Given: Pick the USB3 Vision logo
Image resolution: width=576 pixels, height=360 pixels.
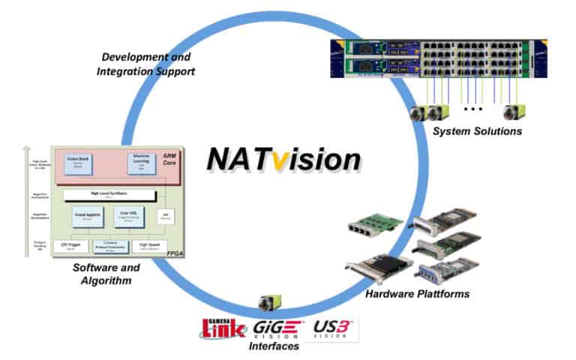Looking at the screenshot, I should (x=332, y=328).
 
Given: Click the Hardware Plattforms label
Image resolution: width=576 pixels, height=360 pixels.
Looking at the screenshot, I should (x=417, y=293).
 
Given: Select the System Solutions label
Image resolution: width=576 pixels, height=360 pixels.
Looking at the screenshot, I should (x=477, y=131).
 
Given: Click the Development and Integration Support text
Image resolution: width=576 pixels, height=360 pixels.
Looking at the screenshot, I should (x=147, y=64).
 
